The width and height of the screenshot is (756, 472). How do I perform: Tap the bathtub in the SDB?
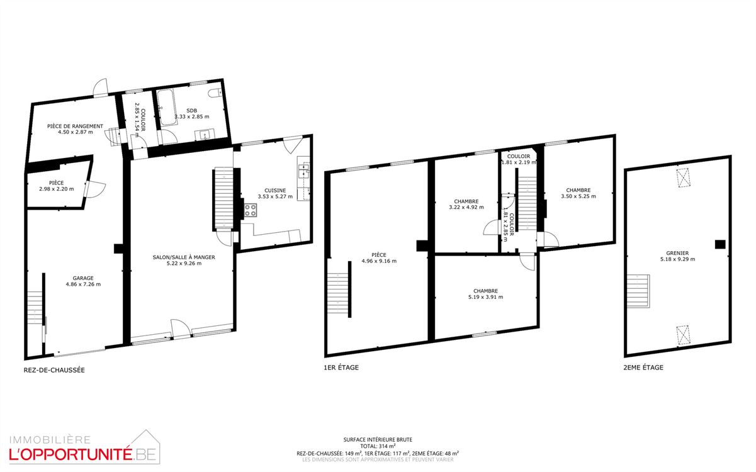click(167, 108)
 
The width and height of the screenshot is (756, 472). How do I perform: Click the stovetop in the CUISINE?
click(251, 211)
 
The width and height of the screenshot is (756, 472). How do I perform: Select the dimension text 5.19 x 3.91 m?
click(486, 297)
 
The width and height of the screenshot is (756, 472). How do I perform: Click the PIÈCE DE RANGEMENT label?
click(75, 126)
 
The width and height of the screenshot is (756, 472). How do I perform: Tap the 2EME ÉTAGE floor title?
click(644, 367)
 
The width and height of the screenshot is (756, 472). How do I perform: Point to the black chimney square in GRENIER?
click(719, 244)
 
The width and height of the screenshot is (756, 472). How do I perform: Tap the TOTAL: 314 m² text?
click(378, 446)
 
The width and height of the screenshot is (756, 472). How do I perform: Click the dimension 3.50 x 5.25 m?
click(578, 196)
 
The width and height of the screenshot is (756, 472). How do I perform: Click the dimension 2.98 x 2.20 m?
click(56, 189)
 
